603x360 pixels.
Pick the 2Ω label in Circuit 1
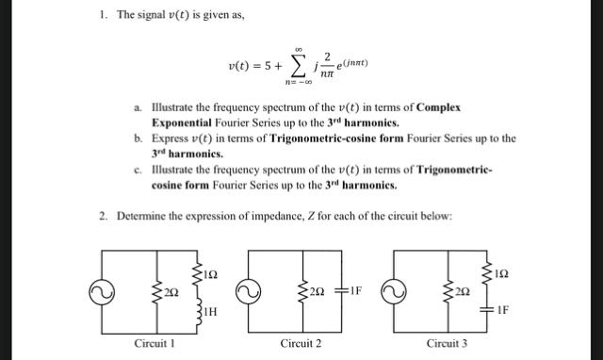pos(171,295)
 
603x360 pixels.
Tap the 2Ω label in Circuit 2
pos(318,293)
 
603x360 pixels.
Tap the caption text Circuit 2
pos(301,343)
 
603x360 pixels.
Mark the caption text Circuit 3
pos(447,343)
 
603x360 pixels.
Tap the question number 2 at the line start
pos(103,216)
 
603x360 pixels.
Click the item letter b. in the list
pos(138,138)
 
